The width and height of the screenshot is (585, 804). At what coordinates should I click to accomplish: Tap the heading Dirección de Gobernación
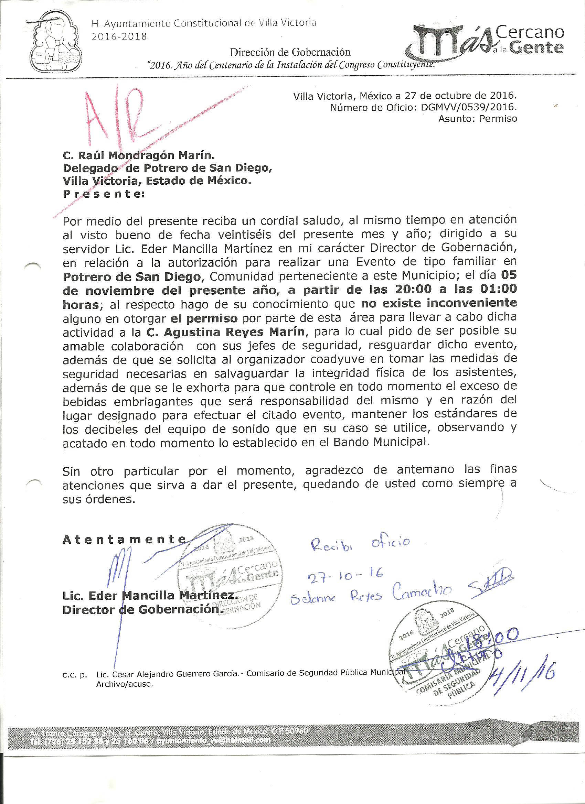(x=290, y=52)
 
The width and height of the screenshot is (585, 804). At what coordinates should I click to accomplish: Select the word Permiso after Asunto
(x=498, y=119)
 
